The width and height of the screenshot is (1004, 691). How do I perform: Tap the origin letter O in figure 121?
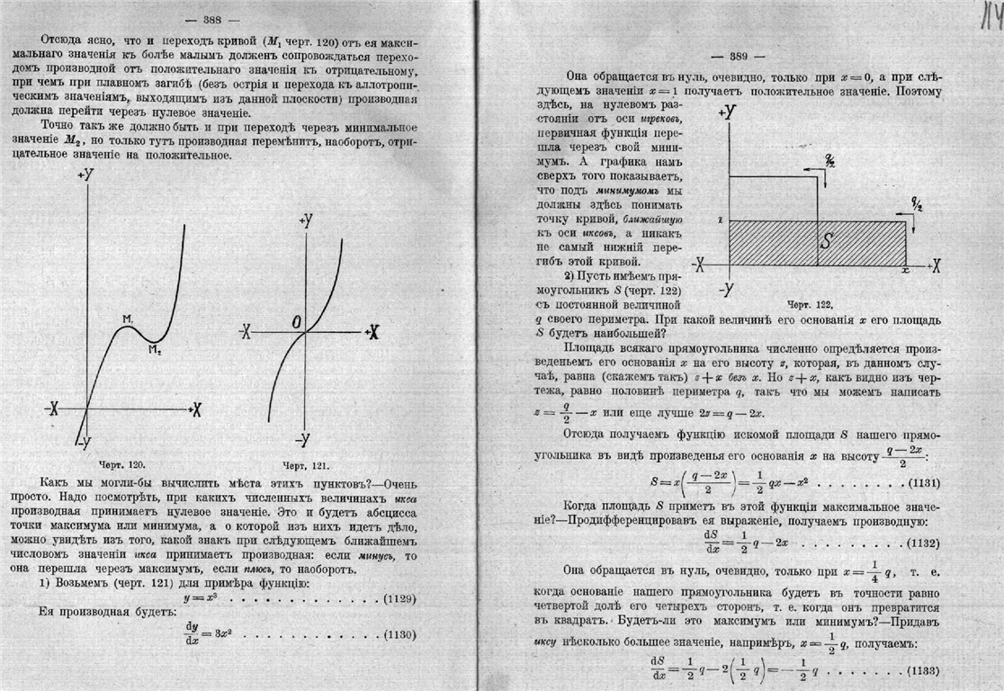pyautogui.click(x=294, y=321)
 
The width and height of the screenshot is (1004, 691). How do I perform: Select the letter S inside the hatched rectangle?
pyautogui.click(x=829, y=241)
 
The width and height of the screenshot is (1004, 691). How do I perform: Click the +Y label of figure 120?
pyautogui.click(x=86, y=175)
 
